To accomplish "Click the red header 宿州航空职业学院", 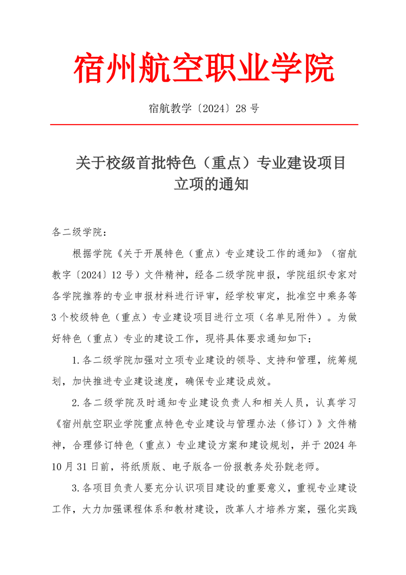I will point(203,69).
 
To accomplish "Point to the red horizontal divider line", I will point(203,125).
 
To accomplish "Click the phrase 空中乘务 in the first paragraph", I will point(314,296).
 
